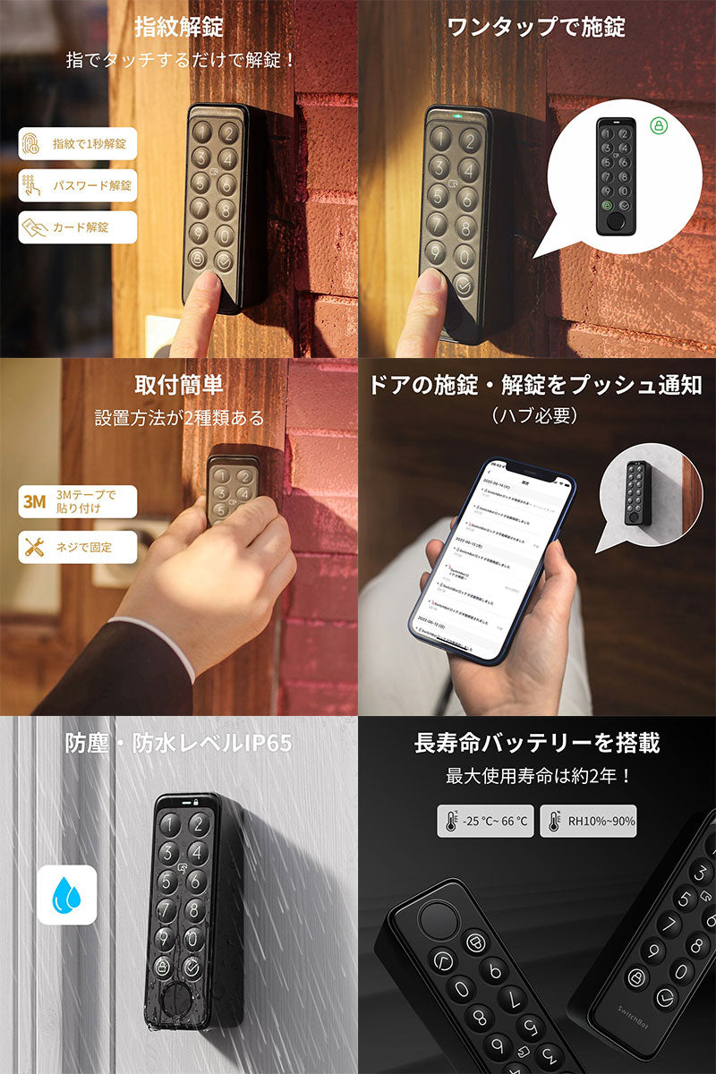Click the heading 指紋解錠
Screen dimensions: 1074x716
point(179,27)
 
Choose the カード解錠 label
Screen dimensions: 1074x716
point(80,227)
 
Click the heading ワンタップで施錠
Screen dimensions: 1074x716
point(536,27)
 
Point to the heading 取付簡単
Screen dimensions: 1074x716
point(179,386)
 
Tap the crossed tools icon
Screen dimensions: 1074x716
point(33,547)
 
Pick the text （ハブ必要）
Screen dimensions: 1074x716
point(535,416)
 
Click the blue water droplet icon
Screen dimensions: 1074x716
point(66,894)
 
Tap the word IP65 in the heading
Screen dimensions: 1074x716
point(263,744)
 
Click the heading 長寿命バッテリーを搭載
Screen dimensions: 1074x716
point(536,744)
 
